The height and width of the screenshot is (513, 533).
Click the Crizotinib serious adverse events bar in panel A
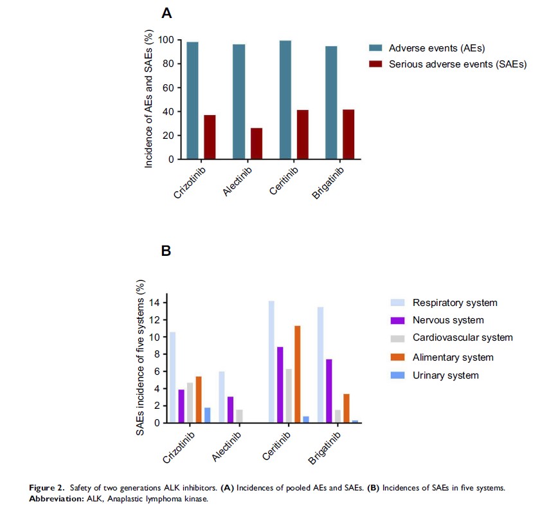tap(210, 137)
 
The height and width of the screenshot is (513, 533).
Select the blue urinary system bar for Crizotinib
tap(207, 415)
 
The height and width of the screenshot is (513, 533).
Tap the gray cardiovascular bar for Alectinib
tap(239, 416)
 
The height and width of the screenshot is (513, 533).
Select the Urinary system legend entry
tap(446, 375)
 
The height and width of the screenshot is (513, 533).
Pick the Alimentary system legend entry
tap(453, 357)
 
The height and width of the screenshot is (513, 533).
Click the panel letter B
tap(165, 251)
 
